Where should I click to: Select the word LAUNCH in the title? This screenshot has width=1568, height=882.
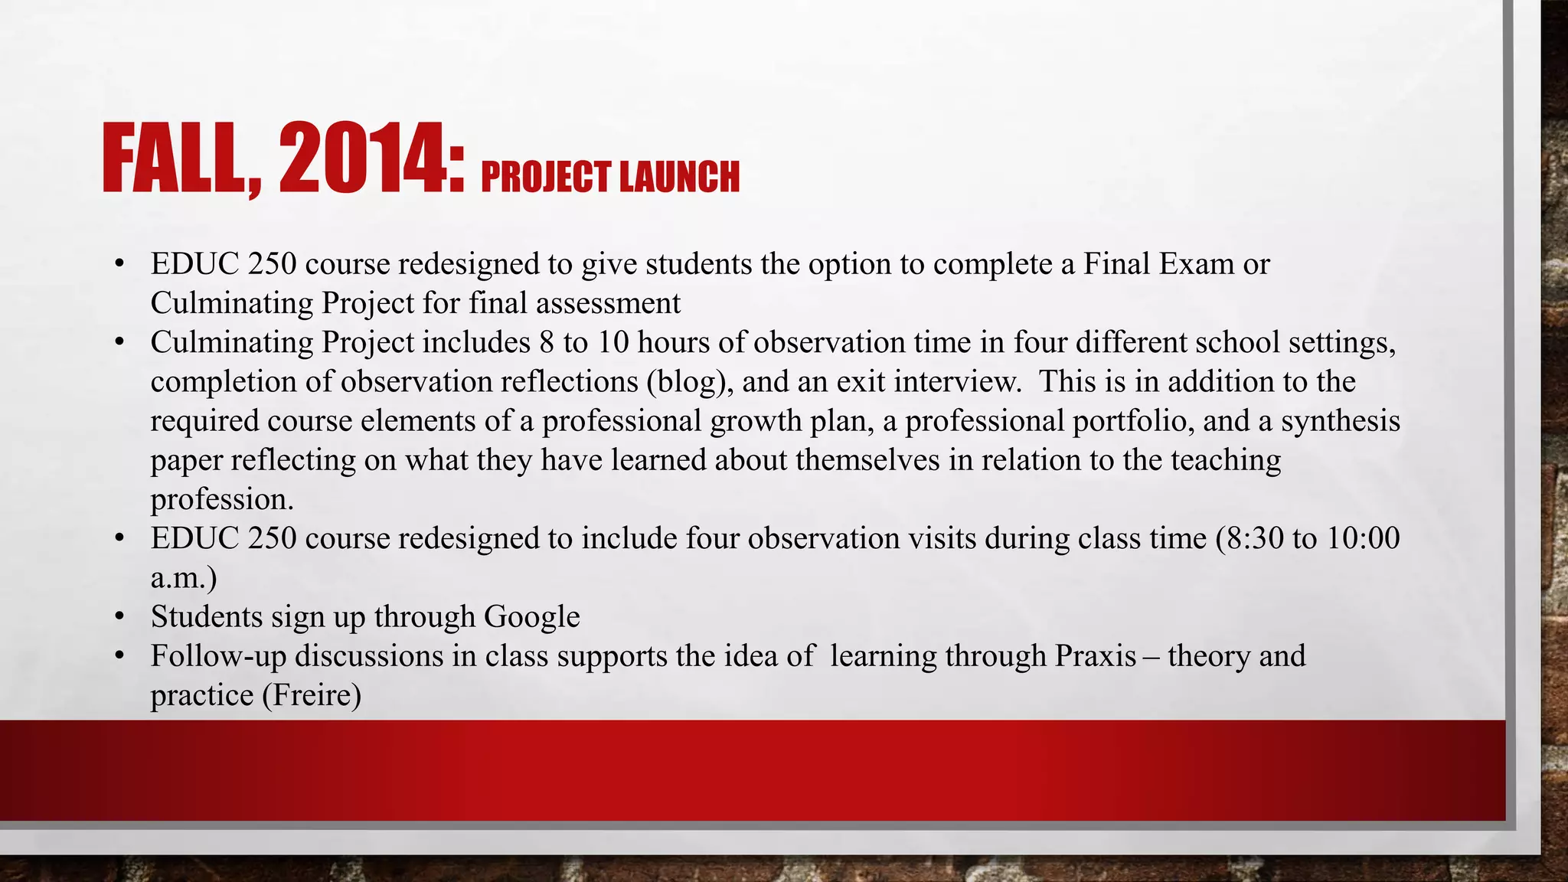coord(679,177)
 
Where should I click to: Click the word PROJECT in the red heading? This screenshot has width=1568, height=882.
coord(546,177)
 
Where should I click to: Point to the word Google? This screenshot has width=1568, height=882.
coord(531,617)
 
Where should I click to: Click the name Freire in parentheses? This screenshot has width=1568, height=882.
coord(312,696)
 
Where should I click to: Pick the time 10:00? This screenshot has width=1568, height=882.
coord(1364,538)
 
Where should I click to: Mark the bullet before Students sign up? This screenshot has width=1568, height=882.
coord(119,617)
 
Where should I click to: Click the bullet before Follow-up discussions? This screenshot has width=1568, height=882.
coord(119,656)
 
